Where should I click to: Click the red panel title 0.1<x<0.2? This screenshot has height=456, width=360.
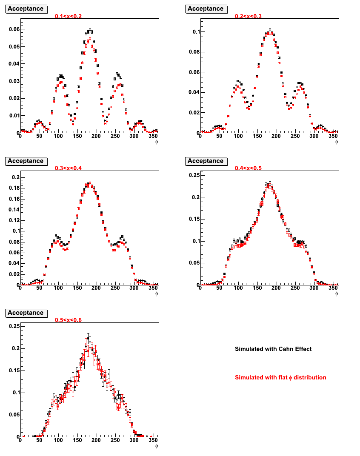click(x=69, y=16)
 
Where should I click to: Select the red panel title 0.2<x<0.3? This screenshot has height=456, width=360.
click(x=248, y=16)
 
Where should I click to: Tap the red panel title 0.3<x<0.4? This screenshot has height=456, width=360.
click(x=69, y=168)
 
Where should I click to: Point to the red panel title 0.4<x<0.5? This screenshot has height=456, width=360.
click(x=248, y=168)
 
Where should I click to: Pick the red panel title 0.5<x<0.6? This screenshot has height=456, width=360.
click(x=69, y=320)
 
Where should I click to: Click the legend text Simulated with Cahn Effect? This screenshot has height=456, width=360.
click(x=273, y=349)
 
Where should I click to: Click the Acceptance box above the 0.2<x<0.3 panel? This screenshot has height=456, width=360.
click(x=206, y=9)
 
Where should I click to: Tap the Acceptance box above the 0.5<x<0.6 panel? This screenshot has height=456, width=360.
click(x=26, y=313)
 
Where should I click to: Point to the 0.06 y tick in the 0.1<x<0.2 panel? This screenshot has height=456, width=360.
click(x=14, y=29)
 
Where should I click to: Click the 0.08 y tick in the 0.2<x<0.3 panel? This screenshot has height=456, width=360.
click(x=194, y=52)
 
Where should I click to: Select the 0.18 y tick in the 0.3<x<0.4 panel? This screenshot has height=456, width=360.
click(x=14, y=188)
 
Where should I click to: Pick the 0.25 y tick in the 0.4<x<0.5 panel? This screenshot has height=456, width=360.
click(x=194, y=175)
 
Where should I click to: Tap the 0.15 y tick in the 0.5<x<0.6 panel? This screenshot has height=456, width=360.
click(x=14, y=370)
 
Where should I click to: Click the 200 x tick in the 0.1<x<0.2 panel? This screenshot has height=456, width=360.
click(x=96, y=136)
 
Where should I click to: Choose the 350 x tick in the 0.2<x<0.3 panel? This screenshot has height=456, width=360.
click(x=333, y=136)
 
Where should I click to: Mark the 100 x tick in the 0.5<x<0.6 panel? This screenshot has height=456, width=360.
click(x=58, y=440)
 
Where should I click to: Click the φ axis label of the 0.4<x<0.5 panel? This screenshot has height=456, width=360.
click(x=337, y=294)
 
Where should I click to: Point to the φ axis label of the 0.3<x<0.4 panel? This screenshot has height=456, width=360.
click(x=157, y=294)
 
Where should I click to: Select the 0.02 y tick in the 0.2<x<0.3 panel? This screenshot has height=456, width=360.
click(x=194, y=113)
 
